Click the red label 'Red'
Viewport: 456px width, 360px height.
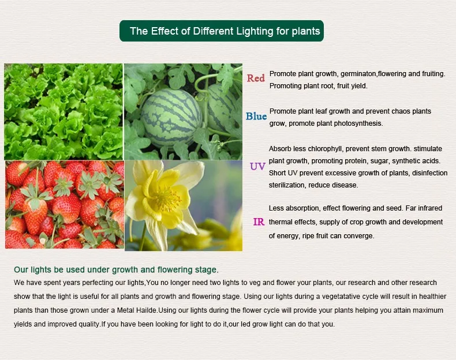coord(256,78)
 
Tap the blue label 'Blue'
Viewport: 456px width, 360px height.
coord(256,117)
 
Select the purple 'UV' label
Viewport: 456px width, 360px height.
coord(257,167)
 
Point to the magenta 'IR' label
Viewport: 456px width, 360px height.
coord(259,222)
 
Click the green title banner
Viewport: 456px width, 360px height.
coord(222,31)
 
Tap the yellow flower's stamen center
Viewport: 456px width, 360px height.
coord(167,200)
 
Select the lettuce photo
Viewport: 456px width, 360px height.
coord(63,111)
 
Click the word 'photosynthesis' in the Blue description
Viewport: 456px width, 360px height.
coord(360,123)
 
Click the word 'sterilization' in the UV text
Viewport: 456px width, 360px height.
coord(287,185)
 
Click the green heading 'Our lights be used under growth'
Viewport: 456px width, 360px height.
coord(116,269)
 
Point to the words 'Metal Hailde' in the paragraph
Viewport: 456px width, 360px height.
coord(137,310)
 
